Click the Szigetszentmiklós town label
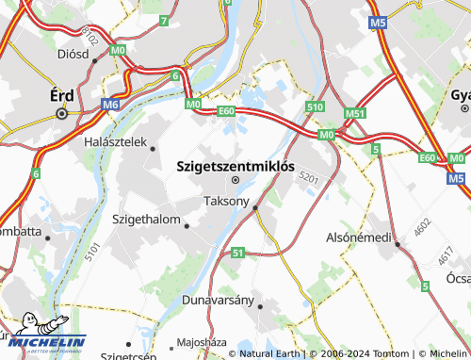pyautogui.click(x=235, y=166)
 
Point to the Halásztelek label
pyautogui.click(x=117, y=142)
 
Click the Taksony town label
pyautogui.click(x=227, y=201)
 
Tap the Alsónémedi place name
pyautogui.click(x=358, y=237)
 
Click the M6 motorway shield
pyautogui.click(x=112, y=105)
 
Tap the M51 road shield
pyautogui.click(x=355, y=114)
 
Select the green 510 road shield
pyautogui.click(x=316, y=107)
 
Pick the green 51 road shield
pyautogui.click(x=237, y=253)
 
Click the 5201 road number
pyautogui.click(x=309, y=177)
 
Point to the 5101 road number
pyautogui.click(x=91, y=252)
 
